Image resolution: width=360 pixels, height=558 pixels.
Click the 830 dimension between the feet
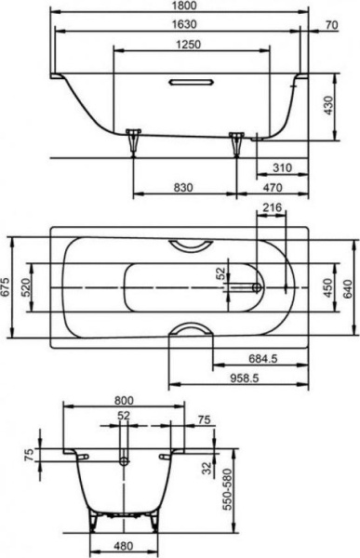(x=182, y=188)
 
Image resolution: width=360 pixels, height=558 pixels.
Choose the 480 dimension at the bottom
(x=123, y=548)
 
